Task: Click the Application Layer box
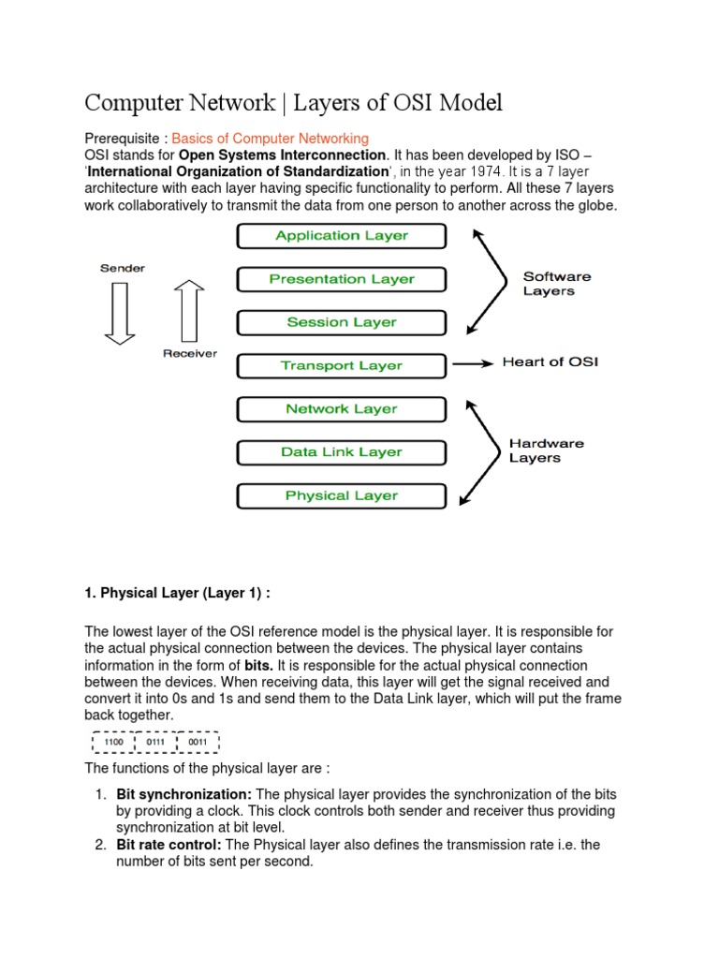coord(342,236)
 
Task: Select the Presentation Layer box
coord(342,279)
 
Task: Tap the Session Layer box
coord(342,322)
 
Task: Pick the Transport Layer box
coord(342,365)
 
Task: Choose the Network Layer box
coord(342,409)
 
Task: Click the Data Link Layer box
coord(342,452)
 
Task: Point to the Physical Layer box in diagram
coord(342,495)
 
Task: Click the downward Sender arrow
coord(120,313)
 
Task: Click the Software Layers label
coord(556,284)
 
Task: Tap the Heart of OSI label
coord(550,362)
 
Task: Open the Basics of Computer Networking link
coord(271,139)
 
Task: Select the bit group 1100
coord(111,742)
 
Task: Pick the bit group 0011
coord(198,742)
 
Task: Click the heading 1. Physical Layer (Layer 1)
coord(177,593)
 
